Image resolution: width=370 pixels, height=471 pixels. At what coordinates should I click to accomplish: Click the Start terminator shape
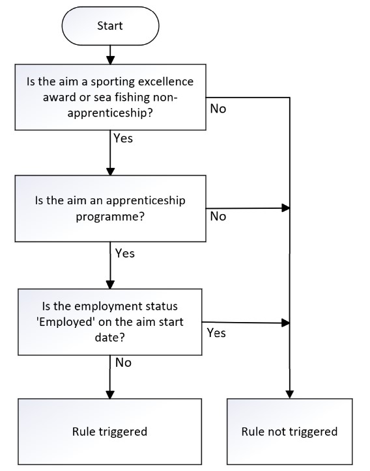(x=110, y=26)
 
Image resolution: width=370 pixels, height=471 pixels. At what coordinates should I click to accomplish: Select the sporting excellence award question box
(x=110, y=97)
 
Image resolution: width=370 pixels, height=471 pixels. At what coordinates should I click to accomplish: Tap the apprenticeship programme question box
(x=110, y=208)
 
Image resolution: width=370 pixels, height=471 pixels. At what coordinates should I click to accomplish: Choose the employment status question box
(x=110, y=322)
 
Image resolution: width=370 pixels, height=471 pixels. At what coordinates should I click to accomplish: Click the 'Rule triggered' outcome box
(x=110, y=432)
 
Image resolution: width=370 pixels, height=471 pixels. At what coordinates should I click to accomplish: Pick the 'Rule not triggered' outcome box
(x=289, y=432)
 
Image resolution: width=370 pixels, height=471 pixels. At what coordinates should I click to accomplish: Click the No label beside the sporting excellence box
(x=218, y=109)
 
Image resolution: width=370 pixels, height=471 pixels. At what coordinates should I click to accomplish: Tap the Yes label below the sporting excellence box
(x=123, y=139)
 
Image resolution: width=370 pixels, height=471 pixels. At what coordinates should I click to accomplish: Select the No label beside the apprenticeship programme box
(x=218, y=216)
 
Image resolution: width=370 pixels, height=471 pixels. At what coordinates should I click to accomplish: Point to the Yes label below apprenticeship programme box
(x=125, y=253)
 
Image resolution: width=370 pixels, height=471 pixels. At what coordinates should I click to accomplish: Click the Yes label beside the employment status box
(x=216, y=333)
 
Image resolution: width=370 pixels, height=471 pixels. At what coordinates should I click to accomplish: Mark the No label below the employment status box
(x=123, y=362)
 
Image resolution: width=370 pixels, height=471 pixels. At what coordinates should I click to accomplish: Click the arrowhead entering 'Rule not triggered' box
(x=289, y=395)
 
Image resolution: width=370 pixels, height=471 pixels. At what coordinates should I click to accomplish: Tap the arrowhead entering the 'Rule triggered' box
(x=110, y=395)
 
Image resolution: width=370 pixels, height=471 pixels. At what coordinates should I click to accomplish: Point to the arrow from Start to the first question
(x=110, y=55)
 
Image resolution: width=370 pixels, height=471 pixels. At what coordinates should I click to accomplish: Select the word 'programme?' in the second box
(x=110, y=217)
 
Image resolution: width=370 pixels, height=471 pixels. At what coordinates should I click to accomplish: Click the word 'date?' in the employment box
(x=109, y=338)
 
